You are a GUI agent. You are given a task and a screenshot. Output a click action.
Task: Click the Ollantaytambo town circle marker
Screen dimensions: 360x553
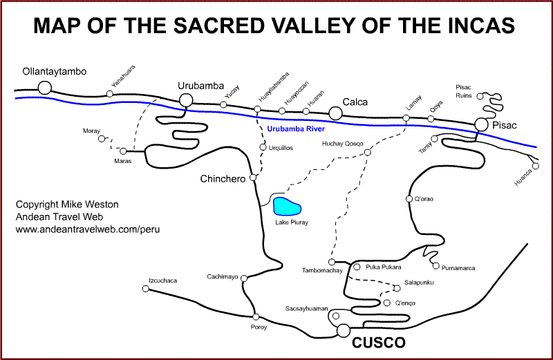tap(45, 88)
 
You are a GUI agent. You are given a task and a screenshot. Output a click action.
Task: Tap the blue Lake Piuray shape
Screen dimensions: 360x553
tap(287, 207)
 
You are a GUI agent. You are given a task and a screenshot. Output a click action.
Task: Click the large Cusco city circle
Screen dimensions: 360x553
tap(344, 330)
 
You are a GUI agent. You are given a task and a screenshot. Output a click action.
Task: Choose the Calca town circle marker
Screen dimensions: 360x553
tap(336, 113)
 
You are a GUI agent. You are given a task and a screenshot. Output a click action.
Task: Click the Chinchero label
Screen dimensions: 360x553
tap(223, 179)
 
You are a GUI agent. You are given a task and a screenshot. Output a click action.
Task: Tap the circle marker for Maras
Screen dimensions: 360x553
tap(123, 151)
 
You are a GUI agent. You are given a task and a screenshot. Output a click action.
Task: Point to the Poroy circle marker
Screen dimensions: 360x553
tap(255, 317)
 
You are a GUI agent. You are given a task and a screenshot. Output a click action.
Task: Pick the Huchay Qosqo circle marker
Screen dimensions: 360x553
tap(367, 152)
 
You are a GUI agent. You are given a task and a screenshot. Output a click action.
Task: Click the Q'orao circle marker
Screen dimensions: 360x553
tap(409, 200)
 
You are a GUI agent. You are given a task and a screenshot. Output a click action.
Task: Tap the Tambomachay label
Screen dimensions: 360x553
tap(323, 270)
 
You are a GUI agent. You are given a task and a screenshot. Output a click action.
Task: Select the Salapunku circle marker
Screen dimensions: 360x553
tap(397, 289)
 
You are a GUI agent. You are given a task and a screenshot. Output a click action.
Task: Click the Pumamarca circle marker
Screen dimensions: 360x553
tap(435, 265)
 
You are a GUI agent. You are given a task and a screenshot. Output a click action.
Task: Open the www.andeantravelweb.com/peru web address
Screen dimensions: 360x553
tap(88, 229)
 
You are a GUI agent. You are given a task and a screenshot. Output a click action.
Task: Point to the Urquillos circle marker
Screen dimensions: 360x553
tap(263, 147)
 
